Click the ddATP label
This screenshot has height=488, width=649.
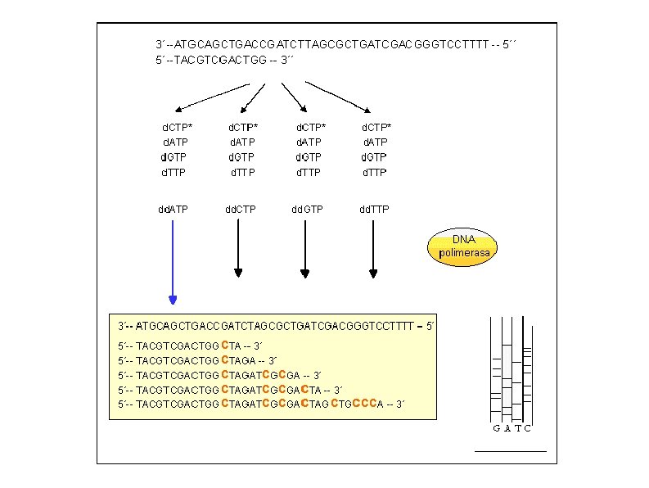[x=173, y=209]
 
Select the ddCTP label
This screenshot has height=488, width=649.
[x=241, y=209]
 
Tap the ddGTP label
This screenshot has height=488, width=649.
[x=308, y=209]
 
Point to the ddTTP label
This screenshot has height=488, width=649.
[x=375, y=209]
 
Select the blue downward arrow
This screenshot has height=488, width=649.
[x=173, y=262]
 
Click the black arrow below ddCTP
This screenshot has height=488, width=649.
[x=238, y=250]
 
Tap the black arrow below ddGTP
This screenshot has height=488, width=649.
[x=305, y=250]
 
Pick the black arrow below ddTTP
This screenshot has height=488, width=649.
[x=373, y=250]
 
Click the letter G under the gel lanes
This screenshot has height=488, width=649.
[x=497, y=427]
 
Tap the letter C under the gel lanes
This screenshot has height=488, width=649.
[x=528, y=427]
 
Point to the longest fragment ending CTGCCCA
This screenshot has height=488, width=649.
[x=262, y=404]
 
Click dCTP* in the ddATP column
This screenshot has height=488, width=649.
[x=178, y=127]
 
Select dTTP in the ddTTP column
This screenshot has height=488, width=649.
[x=374, y=172]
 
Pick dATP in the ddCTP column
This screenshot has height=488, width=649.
[x=241, y=142]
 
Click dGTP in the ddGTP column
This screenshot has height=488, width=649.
[x=308, y=156]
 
